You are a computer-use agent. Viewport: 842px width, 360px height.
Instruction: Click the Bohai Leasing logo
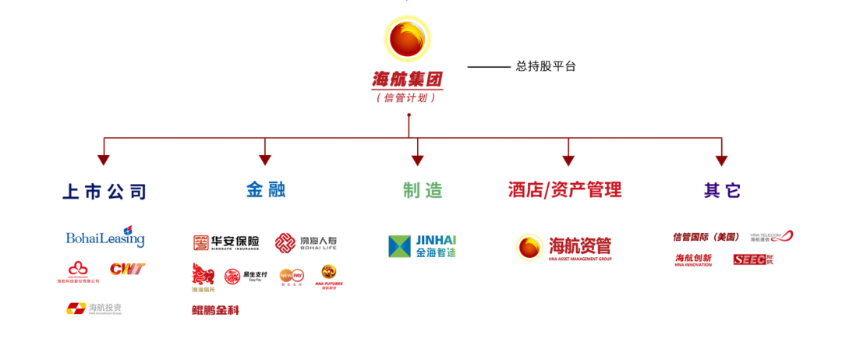[105, 237]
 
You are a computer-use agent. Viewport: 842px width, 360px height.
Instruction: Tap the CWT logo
[127, 270]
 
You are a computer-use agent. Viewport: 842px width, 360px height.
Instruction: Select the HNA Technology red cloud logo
[78, 272]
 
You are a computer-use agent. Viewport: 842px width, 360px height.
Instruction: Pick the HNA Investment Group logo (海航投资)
[94, 309]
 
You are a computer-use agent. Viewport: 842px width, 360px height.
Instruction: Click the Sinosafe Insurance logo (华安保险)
[226, 242]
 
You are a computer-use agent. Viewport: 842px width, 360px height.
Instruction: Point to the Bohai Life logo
[306, 242]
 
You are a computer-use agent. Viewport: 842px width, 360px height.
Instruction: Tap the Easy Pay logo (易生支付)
[246, 276]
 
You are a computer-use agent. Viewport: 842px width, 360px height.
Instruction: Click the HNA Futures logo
[328, 276]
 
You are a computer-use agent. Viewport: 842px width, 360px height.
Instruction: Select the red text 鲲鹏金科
[215, 310]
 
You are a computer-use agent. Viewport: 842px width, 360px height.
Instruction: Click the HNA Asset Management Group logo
[564, 247]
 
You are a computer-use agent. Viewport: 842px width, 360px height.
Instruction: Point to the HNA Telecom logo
[771, 236]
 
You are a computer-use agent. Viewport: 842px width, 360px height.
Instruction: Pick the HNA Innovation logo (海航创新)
[693, 259]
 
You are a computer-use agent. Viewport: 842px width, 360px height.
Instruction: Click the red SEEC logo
[753, 259]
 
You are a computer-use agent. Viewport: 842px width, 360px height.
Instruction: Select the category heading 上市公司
[104, 192]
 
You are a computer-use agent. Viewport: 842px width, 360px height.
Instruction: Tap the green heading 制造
[423, 190]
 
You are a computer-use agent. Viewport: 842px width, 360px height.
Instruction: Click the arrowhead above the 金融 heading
[265, 160]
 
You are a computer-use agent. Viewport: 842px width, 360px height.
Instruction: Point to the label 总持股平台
[546, 67]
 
